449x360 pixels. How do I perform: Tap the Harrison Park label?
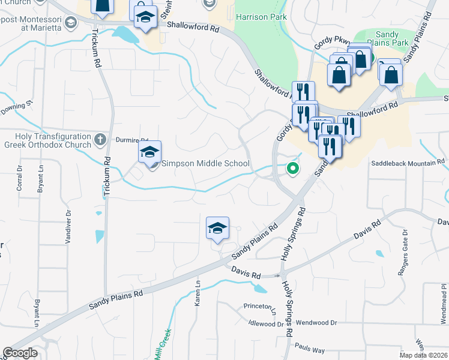click(x=259, y=17)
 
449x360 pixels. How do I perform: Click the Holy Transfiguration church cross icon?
click(x=100, y=139)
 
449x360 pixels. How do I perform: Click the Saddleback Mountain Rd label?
click(x=407, y=163)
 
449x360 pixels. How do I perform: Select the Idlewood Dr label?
click(x=265, y=323)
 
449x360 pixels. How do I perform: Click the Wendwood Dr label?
click(x=316, y=322)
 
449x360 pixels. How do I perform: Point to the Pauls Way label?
click(x=309, y=349)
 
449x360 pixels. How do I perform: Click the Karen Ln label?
click(x=197, y=293)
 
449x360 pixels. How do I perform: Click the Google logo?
click(x=20, y=353)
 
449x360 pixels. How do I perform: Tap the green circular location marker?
click(x=293, y=169)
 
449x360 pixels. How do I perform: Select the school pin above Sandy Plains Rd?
click(x=218, y=229)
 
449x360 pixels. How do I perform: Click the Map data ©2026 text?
click(x=423, y=355)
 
